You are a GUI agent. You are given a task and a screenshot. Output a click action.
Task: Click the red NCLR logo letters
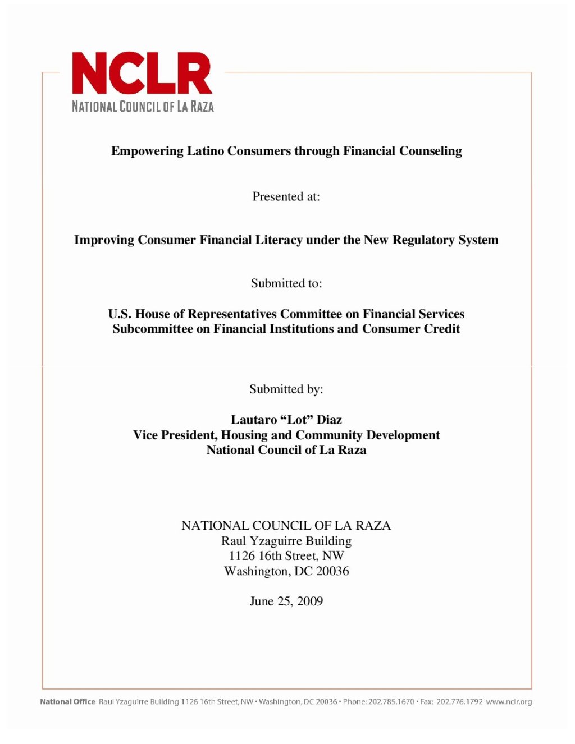pos(142,73)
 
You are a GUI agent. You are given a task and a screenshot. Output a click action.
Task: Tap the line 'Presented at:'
pos(286,197)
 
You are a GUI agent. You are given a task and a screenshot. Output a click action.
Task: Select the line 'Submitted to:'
pos(286,283)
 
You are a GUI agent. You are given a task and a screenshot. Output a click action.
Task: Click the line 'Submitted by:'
pos(286,389)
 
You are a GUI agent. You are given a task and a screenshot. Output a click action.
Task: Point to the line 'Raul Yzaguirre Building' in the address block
pos(286,541)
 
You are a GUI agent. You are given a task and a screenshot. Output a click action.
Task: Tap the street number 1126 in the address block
pos(242,556)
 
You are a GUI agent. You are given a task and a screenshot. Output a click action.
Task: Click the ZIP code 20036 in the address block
pos(332,571)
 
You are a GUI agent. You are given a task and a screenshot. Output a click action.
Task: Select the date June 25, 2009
pos(286,601)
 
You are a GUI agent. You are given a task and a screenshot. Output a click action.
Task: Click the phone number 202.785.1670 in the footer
pos(391,702)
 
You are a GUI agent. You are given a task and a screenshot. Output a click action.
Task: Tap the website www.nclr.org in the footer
pos(509,702)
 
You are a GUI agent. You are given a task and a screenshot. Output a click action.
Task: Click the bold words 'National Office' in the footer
pos(67,702)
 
